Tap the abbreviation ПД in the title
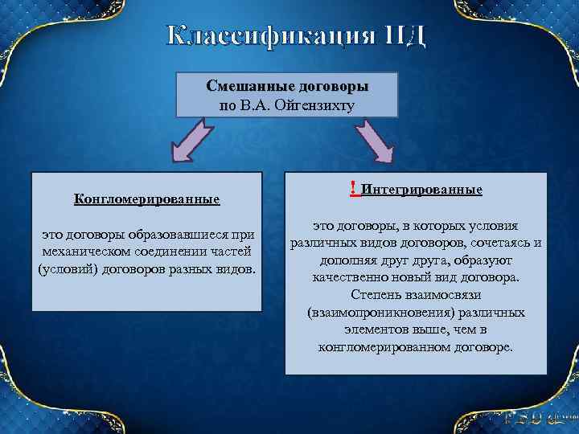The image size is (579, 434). point(403,36)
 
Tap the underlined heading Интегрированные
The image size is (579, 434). point(422,190)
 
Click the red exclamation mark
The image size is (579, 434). point(353,188)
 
